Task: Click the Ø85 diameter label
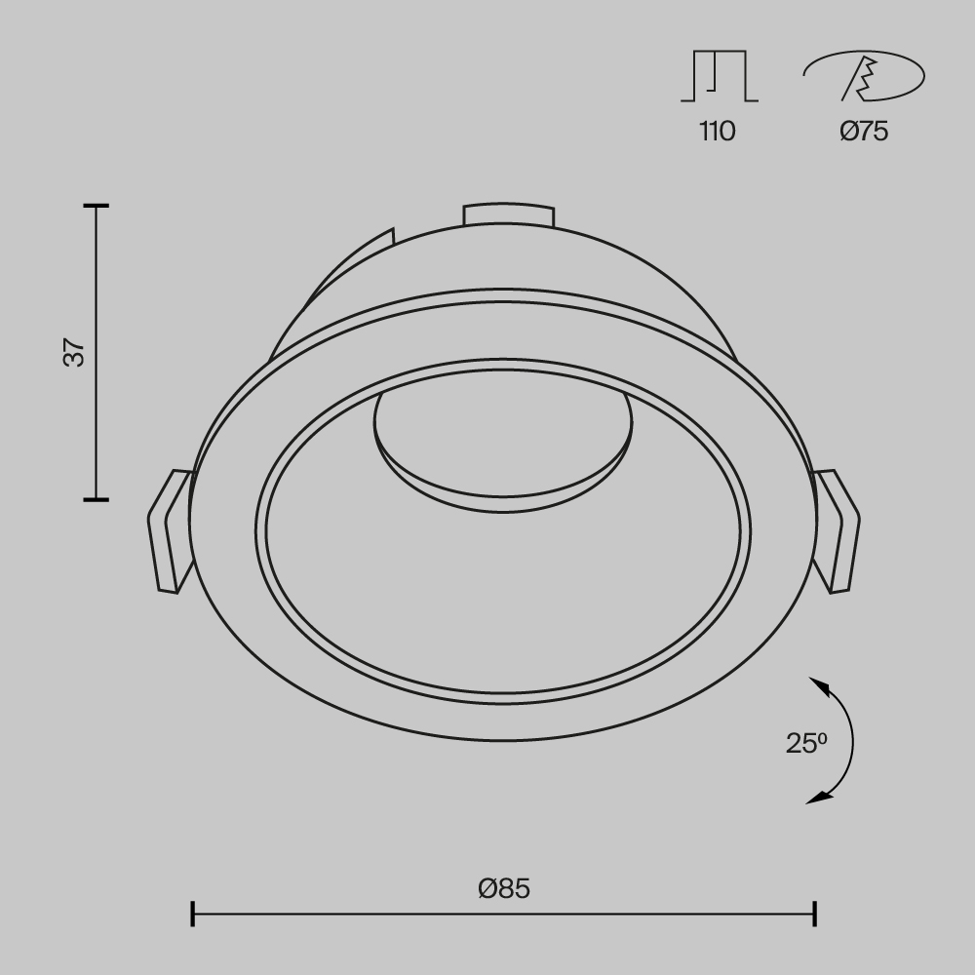pos(504,888)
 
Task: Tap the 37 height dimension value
pos(75,352)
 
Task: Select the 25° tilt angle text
pos(806,743)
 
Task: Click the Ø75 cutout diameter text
pos(864,131)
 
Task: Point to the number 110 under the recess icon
pos(717,131)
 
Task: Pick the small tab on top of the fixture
pos(508,214)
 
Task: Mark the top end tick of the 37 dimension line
pos(96,207)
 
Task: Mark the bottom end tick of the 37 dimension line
pos(96,499)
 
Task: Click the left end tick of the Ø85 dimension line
pos(193,914)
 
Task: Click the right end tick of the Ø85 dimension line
pos(814,914)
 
